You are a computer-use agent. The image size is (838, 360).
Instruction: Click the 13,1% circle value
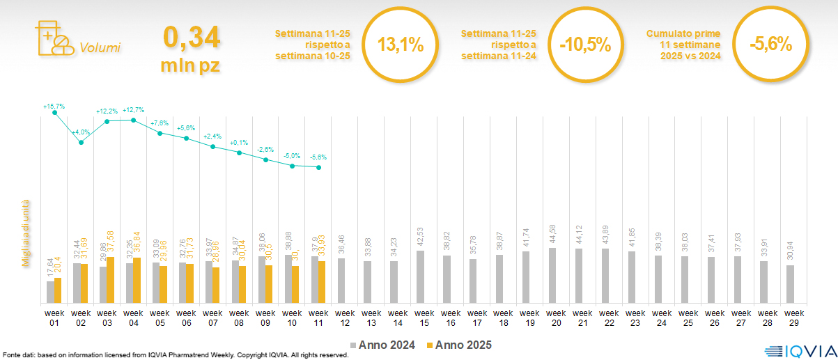(x=401, y=45)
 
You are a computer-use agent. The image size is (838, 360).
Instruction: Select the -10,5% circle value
(x=585, y=45)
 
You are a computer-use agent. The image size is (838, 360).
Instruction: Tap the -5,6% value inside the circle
(x=770, y=45)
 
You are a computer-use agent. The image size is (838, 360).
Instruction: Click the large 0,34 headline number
(x=192, y=38)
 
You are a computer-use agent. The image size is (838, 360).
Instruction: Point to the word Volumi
(x=100, y=48)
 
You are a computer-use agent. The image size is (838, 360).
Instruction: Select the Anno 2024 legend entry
(x=384, y=345)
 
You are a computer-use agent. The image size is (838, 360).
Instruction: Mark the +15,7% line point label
(x=54, y=107)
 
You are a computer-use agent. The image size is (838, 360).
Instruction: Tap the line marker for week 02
(x=82, y=143)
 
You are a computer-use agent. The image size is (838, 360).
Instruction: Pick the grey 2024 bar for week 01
(x=50, y=292)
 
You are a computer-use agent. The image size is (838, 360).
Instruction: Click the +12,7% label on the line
(x=133, y=110)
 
